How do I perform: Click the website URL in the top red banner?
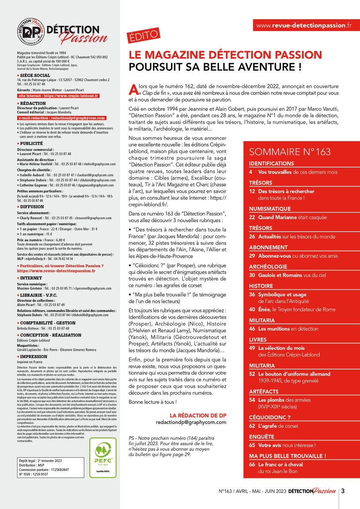(x=304, y=25)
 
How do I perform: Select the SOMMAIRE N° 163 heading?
(x=290, y=152)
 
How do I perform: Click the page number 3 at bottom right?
(x=342, y=491)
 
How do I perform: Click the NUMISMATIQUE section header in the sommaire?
(x=270, y=209)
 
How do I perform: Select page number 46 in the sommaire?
(x=252, y=329)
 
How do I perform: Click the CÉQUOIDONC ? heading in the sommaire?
(x=270, y=417)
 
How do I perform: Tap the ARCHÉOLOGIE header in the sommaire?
(x=268, y=266)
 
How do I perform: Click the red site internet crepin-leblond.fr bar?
(x=58, y=96)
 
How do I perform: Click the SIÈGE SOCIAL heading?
(x=35, y=75)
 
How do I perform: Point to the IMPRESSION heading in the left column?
(x=35, y=357)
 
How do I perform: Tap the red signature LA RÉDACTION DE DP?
(x=198, y=415)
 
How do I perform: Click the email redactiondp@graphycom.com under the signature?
(x=191, y=422)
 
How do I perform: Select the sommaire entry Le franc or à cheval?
(x=280, y=464)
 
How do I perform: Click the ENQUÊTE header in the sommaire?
(x=261, y=437)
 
